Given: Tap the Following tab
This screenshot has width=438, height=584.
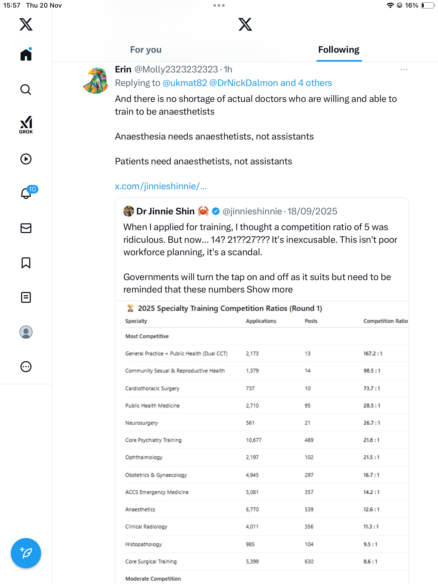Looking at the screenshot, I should (x=339, y=50).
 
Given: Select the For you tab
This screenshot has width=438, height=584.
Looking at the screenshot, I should (x=146, y=50).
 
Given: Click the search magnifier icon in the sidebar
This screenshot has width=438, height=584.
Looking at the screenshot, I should (x=26, y=89).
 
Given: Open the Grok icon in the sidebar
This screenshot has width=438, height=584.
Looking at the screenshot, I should (x=26, y=125).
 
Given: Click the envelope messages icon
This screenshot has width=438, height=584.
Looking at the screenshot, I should (x=26, y=228).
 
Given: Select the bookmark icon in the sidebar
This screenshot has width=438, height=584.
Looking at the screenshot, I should (x=26, y=263).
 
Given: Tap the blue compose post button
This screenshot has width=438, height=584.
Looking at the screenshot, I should (x=26, y=553).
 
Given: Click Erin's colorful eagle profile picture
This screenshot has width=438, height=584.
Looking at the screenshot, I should (x=95, y=80).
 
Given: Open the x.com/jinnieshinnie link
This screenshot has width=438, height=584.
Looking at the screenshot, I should (x=161, y=186).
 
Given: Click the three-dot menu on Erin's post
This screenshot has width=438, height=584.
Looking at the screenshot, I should (x=404, y=70).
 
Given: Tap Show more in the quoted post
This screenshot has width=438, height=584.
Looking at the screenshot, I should (x=270, y=290).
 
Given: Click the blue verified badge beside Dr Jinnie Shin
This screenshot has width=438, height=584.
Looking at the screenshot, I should (x=215, y=211).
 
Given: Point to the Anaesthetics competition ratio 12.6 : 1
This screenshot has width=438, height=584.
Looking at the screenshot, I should (x=371, y=509).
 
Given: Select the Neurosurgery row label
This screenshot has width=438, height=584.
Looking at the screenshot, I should (x=141, y=423).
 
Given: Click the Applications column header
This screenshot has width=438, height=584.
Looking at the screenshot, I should (x=261, y=321).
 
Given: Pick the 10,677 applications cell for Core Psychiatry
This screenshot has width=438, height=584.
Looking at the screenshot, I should (x=254, y=440).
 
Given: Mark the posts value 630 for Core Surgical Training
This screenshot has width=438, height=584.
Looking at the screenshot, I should (x=309, y=562).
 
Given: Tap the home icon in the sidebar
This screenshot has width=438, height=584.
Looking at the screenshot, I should (x=26, y=55).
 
